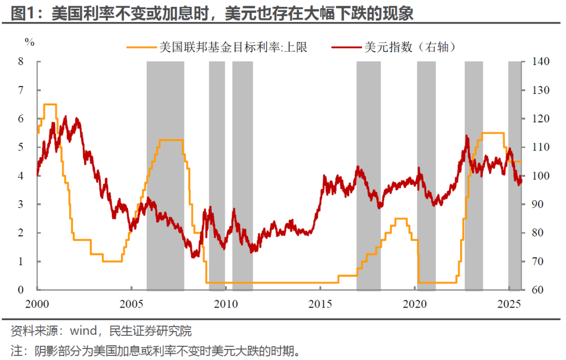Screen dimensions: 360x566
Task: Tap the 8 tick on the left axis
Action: [x=21, y=62]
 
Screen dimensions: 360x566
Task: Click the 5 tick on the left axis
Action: [x=21, y=147]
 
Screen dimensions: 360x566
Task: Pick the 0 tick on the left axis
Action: [x=21, y=290]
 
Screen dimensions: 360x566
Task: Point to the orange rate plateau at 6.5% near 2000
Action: [x=50, y=104]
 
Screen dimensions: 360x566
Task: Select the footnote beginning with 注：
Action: [x=157, y=350]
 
